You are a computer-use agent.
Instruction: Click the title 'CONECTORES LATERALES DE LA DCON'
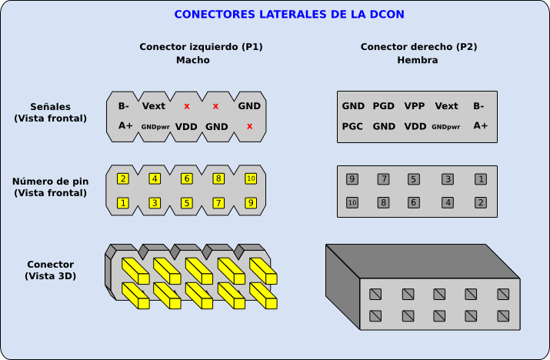[289, 15]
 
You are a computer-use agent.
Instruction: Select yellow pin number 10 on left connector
[250, 178]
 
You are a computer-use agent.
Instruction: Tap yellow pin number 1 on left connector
[123, 203]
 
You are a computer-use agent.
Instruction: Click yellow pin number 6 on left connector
[186, 178]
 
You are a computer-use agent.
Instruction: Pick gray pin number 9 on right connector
[352, 179]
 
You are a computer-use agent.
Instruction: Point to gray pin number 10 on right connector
[352, 203]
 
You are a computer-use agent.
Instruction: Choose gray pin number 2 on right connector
[480, 203]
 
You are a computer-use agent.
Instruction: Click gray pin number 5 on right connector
[413, 179]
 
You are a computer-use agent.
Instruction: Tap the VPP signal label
[415, 106]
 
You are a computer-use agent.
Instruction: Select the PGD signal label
[383, 106]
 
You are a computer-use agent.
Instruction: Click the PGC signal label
[352, 126]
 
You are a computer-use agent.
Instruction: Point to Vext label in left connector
[154, 105]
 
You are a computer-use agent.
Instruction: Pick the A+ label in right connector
[480, 125]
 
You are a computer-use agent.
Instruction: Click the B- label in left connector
[124, 105]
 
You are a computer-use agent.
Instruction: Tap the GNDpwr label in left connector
[155, 126]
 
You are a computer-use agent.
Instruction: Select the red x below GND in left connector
[249, 126]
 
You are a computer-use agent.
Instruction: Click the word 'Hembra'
[418, 60]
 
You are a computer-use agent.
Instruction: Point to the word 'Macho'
[192, 60]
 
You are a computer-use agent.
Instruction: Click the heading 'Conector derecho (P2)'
[418, 47]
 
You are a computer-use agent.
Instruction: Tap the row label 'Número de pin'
[50, 182]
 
